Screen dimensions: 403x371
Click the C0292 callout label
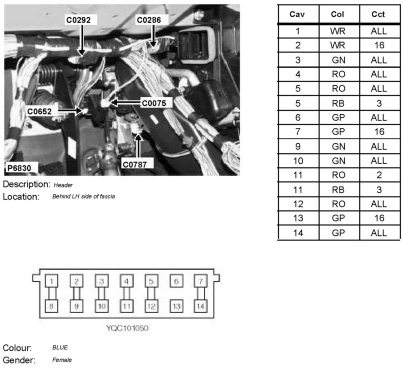pos(78,20)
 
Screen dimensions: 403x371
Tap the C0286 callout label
pos(149,20)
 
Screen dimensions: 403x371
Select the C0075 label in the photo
pos(154,103)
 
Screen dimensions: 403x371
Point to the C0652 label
pos(40,111)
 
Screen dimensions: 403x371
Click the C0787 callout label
pos(135,165)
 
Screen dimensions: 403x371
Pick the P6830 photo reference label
pos(19,168)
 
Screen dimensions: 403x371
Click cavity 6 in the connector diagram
pos(176,281)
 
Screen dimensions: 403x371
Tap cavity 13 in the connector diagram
pos(176,306)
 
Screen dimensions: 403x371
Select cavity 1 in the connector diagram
pos(52,281)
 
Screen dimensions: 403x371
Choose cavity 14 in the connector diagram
pos(200,306)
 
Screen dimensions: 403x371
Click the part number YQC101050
pos(127,328)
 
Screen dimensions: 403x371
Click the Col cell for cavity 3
pos(338,60)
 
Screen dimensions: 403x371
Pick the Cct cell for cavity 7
pos(379,132)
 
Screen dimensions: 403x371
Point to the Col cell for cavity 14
pos(338,233)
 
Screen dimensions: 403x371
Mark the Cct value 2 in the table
pos(379,175)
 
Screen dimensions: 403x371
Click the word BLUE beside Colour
pos(60,348)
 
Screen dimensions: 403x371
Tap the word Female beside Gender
pos(62,360)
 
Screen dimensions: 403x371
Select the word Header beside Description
pos(63,185)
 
